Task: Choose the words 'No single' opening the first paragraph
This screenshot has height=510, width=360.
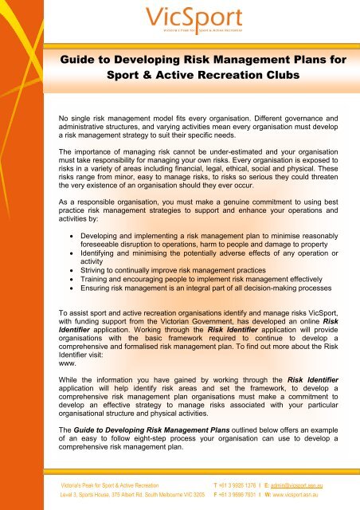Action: coord(65,118)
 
